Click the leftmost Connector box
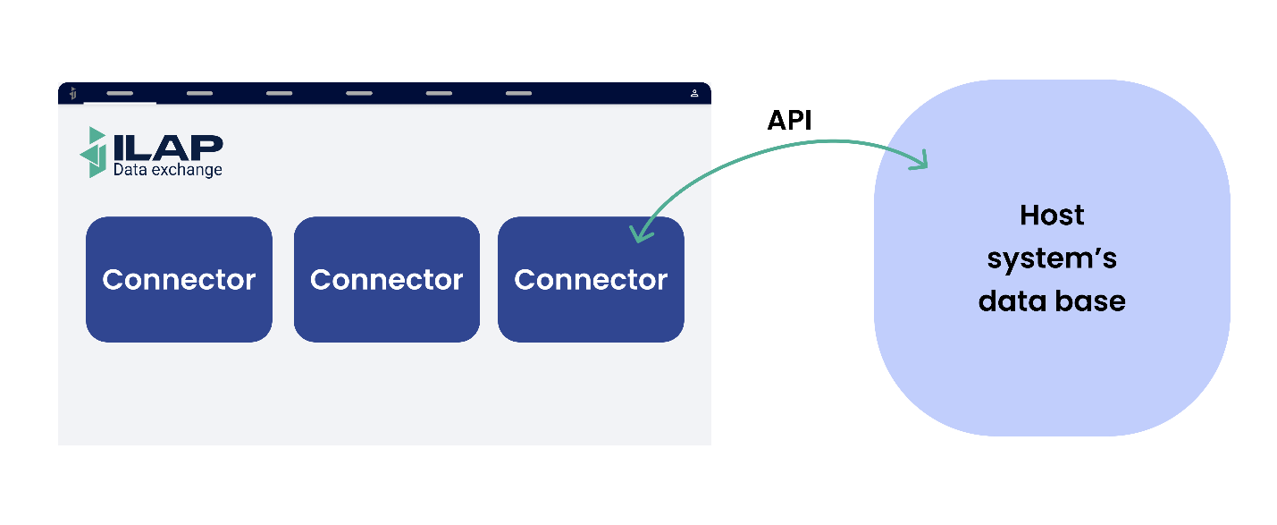click(x=179, y=279)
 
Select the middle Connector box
click(x=387, y=279)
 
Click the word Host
click(x=1052, y=216)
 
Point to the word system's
click(x=1052, y=258)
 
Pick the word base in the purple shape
click(x=1091, y=301)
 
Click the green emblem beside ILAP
click(x=94, y=152)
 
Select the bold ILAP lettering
click(x=168, y=147)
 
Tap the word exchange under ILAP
click(x=185, y=169)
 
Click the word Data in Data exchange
click(x=129, y=169)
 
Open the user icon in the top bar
click(x=694, y=93)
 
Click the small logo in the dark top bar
click(x=73, y=93)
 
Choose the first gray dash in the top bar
click(x=120, y=93)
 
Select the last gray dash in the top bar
click(x=518, y=93)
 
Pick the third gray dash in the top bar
click(x=279, y=93)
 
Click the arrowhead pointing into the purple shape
click(x=920, y=161)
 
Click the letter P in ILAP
click(x=208, y=147)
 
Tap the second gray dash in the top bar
click(x=199, y=93)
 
